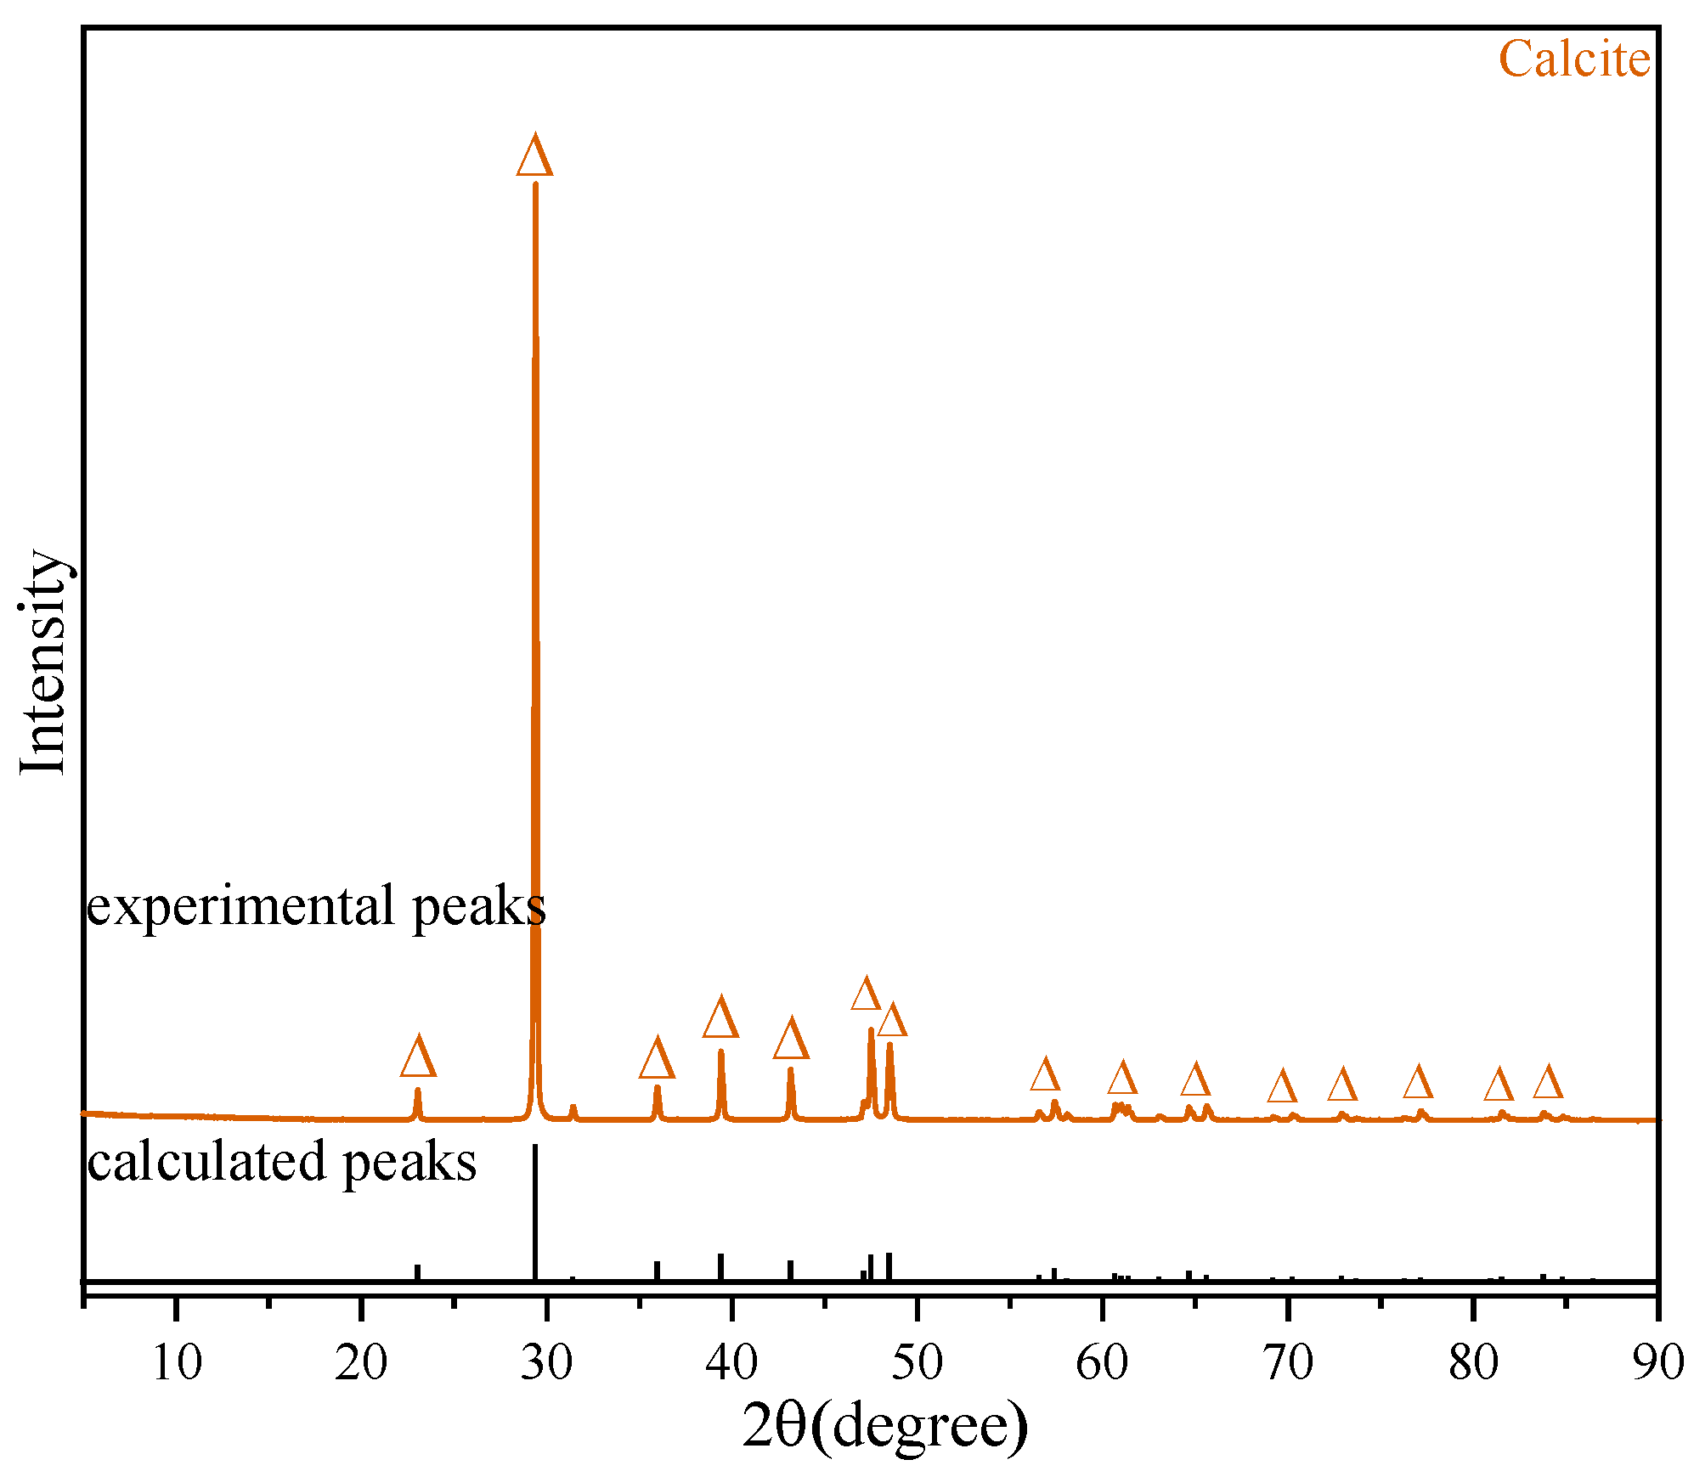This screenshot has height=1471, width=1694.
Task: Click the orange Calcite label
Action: click(1573, 59)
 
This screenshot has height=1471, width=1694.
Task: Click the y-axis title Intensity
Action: click(42, 662)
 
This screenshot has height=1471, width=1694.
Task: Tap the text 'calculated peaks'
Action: click(281, 1161)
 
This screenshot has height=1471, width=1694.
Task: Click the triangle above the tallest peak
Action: click(534, 157)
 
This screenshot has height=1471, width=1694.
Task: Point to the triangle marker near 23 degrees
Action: click(418, 1058)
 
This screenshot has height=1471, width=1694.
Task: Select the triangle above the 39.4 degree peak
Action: click(720, 1019)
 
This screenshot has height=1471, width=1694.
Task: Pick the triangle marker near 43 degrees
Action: click(791, 1040)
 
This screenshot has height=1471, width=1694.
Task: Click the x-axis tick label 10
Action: click(176, 1362)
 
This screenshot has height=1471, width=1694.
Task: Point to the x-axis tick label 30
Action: click(546, 1362)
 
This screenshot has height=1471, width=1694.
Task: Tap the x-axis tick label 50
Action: click(918, 1362)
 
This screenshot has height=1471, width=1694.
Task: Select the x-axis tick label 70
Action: click(1288, 1362)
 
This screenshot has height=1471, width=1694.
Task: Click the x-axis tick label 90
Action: click(1657, 1362)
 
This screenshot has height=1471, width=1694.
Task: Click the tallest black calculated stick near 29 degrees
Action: click(534, 1215)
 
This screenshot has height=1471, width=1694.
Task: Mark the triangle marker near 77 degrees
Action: click(1418, 1084)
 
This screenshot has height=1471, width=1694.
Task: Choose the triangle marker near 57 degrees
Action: click(1045, 1076)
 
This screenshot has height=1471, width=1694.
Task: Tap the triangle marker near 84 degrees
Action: click(1548, 1084)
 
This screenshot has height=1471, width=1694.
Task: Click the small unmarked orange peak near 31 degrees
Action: click(573, 1111)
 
